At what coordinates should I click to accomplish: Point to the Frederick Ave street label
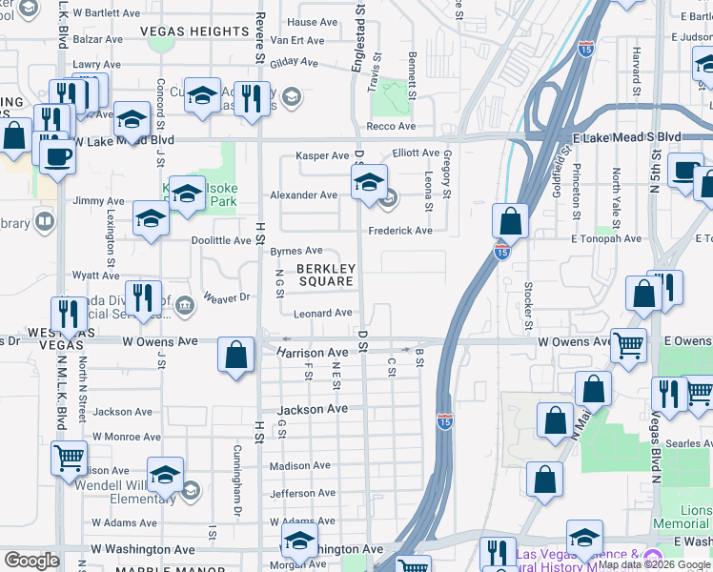[x=400, y=231]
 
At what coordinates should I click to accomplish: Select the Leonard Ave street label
[x=323, y=313]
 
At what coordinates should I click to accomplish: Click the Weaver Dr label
[x=226, y=297]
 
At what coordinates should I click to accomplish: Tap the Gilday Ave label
[x=294, y=62]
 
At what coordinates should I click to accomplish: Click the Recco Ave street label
[x=392, y=126]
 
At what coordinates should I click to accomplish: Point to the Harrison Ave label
[x=313, y=353]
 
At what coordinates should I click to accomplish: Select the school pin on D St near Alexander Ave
[x=369, y=183]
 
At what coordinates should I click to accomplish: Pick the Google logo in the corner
[x=31, y=561]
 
